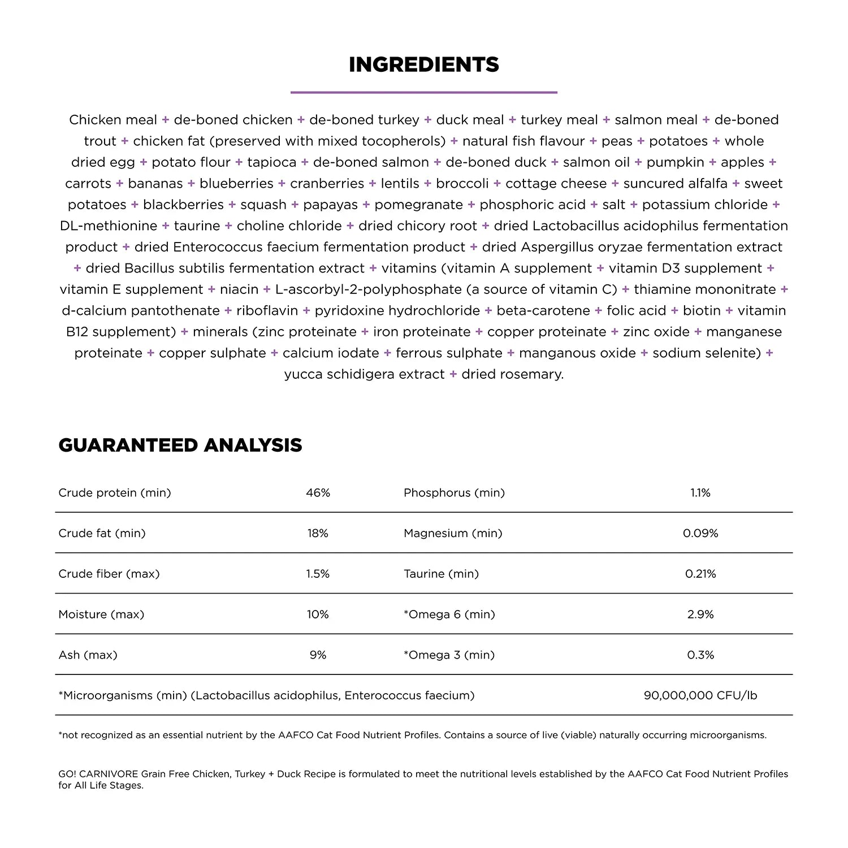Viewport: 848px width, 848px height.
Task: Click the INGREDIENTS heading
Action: (x=423, y=64)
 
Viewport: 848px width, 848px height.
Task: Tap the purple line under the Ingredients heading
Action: (x=423, y=92)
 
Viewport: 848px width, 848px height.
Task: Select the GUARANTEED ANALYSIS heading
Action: (x=180, y=445)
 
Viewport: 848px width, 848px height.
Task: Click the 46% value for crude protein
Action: (x=318, y=493)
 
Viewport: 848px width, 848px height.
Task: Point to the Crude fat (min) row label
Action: (x=102, y=533)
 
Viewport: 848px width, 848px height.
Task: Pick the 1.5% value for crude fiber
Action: (x=318, y=574)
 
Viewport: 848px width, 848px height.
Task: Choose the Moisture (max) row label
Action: (x=101, y=615)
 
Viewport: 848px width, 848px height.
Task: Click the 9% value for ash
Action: (x=318, y=655)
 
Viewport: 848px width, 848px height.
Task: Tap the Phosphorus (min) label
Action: (x=454, y=493)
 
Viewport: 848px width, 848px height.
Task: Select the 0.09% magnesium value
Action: (x=700, y=533)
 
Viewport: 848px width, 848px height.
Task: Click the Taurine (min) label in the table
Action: (x=441, y=574)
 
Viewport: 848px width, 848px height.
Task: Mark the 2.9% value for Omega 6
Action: (x=700, y=615)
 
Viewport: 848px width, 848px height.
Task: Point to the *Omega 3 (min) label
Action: (x=449, y=655)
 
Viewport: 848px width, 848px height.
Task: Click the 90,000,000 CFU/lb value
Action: (x=700, y=695)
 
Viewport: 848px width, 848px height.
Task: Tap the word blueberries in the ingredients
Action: (x=236, y=184)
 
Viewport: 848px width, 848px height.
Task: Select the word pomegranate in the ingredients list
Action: (x=418, y=205)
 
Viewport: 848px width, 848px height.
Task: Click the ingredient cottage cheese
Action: (x=556, y=184)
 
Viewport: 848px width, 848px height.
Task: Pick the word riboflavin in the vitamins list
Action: (x=267, y=311)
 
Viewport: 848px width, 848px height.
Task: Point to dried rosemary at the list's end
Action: (x=512, y=374)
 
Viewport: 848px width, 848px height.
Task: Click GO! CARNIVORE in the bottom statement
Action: (x=98, y=774)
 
